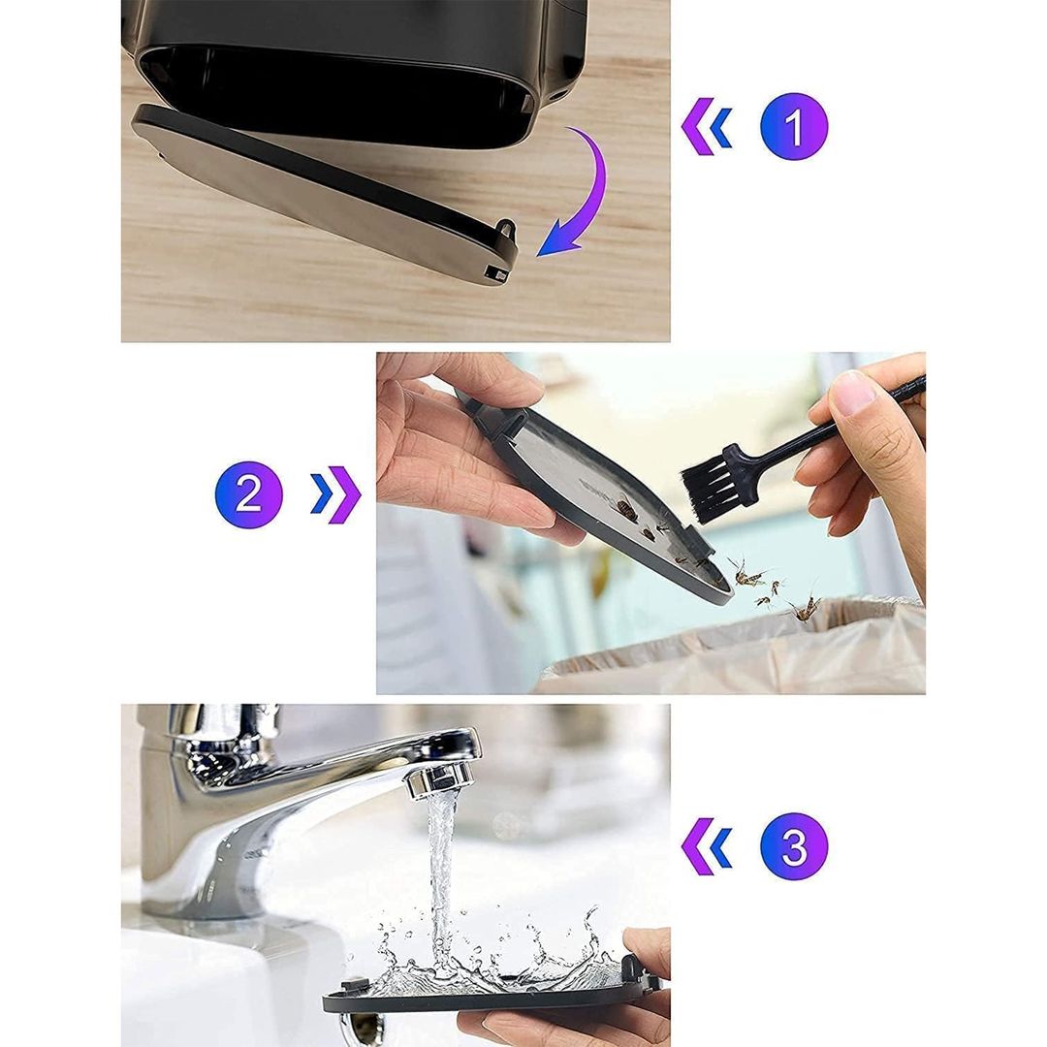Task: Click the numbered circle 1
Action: click(x=794, y=125)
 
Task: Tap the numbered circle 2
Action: click(x=248, y=494)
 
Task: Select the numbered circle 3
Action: click(x=794, y=846)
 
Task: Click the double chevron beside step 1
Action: click(x=707, y=126)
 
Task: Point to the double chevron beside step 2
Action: click(x=335, y=494)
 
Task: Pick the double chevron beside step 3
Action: click(x=707, y=846)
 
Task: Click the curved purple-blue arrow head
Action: click(x=557, y=240)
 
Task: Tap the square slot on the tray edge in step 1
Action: click(x=495, y=273)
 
